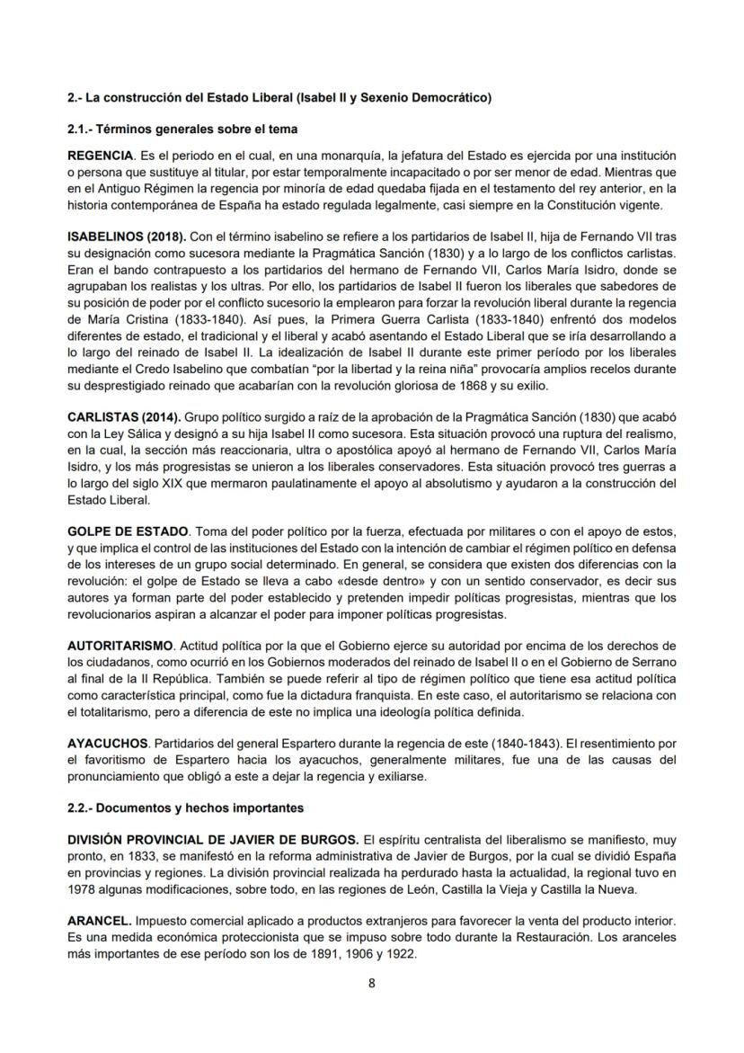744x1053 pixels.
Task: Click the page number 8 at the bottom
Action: pyautogui.click(x=371, y=982)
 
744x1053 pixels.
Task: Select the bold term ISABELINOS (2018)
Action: pyautogui.click(x=127, y=236)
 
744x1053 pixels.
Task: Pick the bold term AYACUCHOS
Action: pyautogui.click(x=108, y=745)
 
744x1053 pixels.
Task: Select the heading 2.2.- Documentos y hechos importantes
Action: pyautogui.click(x=187, y=808)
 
